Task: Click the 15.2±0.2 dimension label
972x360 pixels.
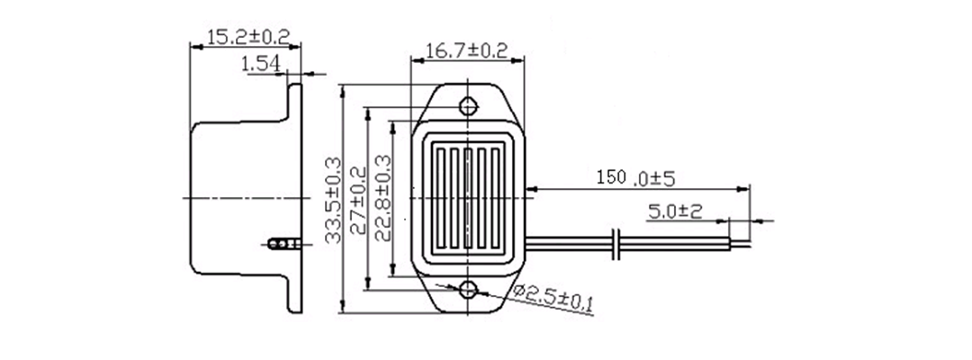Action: [x=248, y=37]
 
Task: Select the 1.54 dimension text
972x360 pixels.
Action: [x=261, y=63]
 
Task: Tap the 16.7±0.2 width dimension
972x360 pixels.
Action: [x=467, y=50]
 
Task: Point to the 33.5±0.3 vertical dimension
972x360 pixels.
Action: [x=334, y=200]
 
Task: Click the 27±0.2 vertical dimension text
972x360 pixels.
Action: [x=358, y=200]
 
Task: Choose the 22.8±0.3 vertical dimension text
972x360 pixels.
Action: [x=383, y=198]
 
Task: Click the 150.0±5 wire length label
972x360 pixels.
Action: [x=635, y=178]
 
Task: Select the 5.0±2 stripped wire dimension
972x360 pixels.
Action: [x=675, y=211]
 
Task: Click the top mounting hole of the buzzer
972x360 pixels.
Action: [x=469, y=106]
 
